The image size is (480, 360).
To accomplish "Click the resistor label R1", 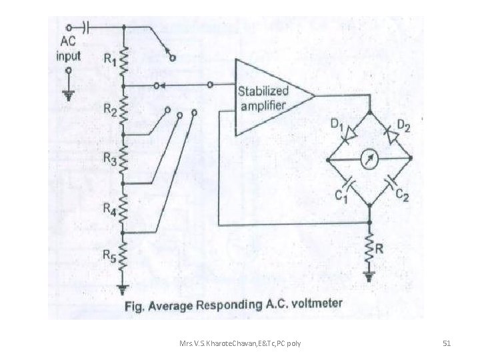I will click(x=109, y=59).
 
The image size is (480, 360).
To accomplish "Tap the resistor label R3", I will click(x=109, y=159).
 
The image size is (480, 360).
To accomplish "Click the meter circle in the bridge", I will click(x=369, y=159).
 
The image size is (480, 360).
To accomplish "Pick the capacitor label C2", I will click(x=402, y=195).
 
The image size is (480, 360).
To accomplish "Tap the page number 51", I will click(x=447, y=343).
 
